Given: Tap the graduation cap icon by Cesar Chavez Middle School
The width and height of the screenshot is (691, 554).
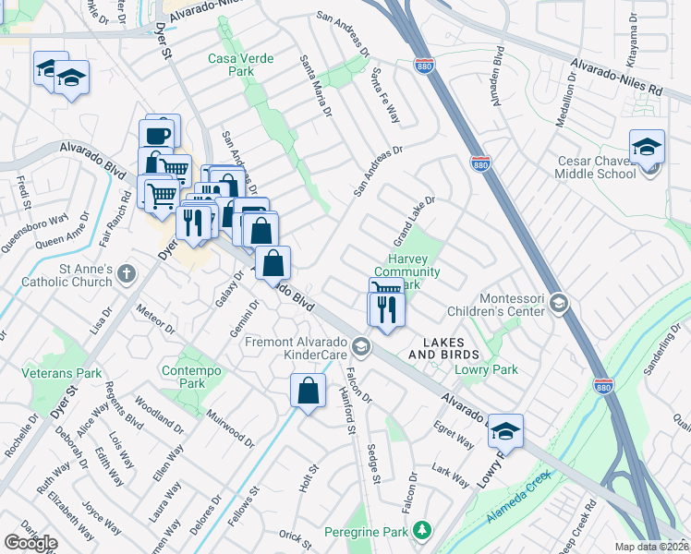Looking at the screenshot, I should pyautogui.click(x=647, y=148).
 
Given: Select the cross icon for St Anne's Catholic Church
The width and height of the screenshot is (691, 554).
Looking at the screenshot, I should pyautogui.click(x=127, y=274).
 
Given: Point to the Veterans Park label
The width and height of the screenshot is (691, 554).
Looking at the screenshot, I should pyautogui.click(x=61, y=374).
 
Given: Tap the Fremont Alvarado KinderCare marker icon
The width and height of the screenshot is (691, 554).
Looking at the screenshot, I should pyautogui.click(x=361, y=348).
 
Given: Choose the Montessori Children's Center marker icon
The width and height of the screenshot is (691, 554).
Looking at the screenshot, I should pyautogui.click(x=558, y=302).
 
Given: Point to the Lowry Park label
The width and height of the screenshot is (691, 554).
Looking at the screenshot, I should pyautogui.click(x=486, y=369).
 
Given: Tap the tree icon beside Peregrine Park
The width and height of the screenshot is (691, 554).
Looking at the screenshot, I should pyautogui.click(x=422, y=530).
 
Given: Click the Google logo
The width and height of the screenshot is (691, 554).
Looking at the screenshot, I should pyautogui.click(x=30, y=543).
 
